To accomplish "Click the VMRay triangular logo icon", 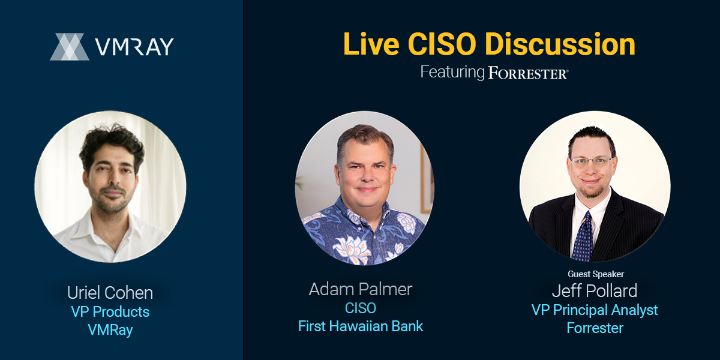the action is pyautogui.click(x=70, y=47).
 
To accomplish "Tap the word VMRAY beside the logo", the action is pyautogui.click(x=134, y=47).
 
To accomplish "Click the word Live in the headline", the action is pyautogui.click(x=371, y=44).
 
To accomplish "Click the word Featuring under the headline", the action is pyautogui.click(x=452, y=73).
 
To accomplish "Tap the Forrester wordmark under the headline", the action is pyautogui.click(x=528, y=73).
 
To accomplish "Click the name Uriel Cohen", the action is pyautogui.click(x=110, y=293).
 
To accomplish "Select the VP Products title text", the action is pyautogui.click(x=110, y=311).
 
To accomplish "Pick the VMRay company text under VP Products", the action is pyautogui.click(x=110, y=330).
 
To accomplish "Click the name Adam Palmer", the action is pyautogui.click(x=361, y=289).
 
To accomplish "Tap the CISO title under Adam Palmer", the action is pyautogui.click(x=361, y=308).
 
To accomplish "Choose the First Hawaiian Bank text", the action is pyautogui.click(x=361, y=326).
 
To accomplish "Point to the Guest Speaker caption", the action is pyautogui.click(x=596, y=274).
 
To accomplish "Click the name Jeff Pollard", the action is pyautogui.click(x=595, y=290).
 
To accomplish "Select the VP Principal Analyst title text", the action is pyautogui.click(x=595, y=310).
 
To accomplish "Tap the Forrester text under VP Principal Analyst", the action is pyautogui.click(x=595, y=328).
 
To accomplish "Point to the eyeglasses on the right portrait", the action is pyautogui.click(x=592, y=162).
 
